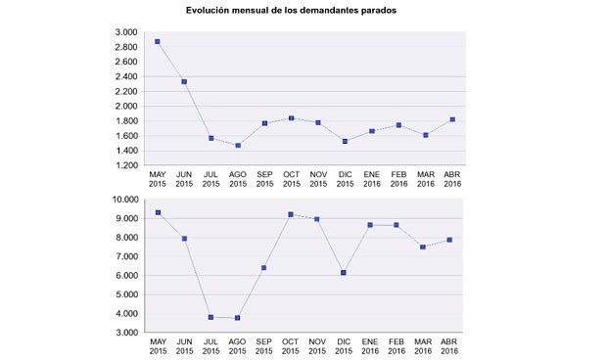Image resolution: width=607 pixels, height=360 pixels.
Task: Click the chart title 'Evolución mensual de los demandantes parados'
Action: pyautogui.click(x=291, y=10)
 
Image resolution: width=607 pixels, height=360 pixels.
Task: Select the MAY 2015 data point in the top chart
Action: pyautogui.click(x=158, y=42)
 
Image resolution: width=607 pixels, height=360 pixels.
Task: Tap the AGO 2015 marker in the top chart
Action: pyautogui.click(x=238, y=146)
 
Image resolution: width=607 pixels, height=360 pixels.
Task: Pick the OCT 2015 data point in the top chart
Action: pyautogui.click(x=291, y=118)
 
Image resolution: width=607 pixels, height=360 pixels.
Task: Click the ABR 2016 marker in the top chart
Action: pyautogui.click(x=451, y=119)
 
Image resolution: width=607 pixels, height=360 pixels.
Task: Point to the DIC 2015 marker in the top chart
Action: pyautogui.click(x=345, y=141)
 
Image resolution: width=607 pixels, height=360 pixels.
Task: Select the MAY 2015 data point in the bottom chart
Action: pyautogui.click(x=158, y=212)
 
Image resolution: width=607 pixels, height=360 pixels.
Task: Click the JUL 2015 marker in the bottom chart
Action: pyautogui.click(x=211, y=317)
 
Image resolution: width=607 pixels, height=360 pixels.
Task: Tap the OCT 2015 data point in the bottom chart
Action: pyautogui.click(x=291, y=214)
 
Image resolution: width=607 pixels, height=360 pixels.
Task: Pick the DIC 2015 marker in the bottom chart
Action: pyautogui.click(x=345, y=273)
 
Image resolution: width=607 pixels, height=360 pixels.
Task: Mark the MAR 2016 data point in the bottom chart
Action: pyautogui.click(x=424, y=247)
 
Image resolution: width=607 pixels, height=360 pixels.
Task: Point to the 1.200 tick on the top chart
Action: pyautogui.click(x=125, y=165)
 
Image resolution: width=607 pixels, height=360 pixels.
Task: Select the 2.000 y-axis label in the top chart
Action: pyautogui.click(x=125, y=107)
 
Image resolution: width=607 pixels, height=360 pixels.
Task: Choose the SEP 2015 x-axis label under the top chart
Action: pyautogui.click(x=264, y=180)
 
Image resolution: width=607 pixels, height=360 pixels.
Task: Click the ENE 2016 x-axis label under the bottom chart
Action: pyautogui.click(x=371, y=346)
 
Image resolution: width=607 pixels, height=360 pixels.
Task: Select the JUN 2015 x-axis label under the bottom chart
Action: pyautogui.click(x=184, y=346)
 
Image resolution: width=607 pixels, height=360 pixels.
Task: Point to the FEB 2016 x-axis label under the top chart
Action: pyautogui.click(x=397, y=180)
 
